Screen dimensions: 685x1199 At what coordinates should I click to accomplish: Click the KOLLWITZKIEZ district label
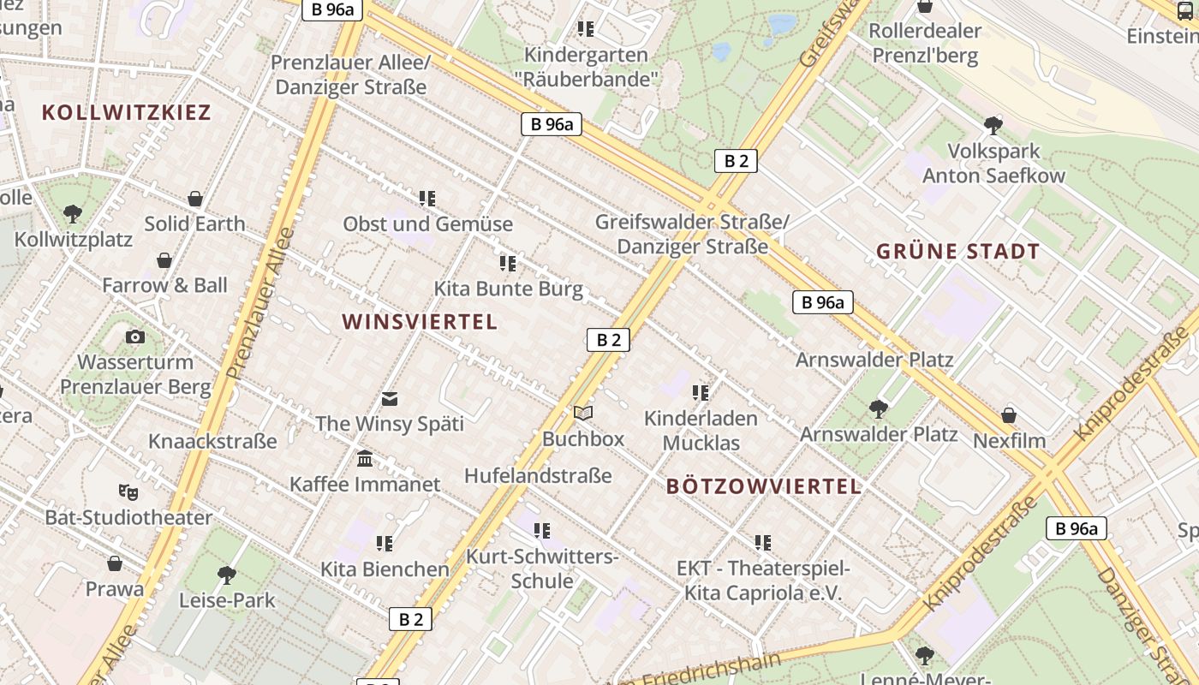[126, 112]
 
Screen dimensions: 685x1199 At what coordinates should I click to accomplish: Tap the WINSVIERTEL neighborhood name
[420, 322]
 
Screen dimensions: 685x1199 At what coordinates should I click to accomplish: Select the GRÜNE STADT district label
[957, 252]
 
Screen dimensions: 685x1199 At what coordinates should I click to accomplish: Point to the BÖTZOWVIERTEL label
[763, 486]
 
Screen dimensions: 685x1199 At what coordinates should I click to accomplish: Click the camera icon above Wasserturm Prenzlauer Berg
[134, 337]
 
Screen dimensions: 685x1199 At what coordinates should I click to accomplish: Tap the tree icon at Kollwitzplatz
[73, 213]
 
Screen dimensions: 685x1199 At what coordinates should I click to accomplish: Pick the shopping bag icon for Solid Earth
[195, 199]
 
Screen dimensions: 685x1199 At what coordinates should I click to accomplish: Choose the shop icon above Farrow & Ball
[164, 260]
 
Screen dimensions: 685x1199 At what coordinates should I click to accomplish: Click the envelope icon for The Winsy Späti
[390, 398]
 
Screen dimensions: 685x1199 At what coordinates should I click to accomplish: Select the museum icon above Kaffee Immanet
[365, 459]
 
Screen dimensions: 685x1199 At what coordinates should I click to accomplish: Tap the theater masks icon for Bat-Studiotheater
[128, 491]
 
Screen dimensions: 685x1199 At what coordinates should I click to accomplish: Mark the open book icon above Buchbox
[583, 414]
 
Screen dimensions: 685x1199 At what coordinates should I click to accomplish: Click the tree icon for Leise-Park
[227, 575]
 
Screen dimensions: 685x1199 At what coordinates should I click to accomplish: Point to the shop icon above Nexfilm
[1009, 415]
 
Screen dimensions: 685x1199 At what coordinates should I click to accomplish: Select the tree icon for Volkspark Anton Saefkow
[993, 126]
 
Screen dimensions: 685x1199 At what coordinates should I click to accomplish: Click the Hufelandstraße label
[538, 475]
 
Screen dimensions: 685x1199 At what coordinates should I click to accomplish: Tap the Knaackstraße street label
[212, 441]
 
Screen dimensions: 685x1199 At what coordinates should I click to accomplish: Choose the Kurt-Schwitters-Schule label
[542, 569]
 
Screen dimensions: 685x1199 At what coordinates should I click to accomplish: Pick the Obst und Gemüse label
[427, 224]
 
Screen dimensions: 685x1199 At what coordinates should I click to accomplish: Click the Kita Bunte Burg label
[508, 289]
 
